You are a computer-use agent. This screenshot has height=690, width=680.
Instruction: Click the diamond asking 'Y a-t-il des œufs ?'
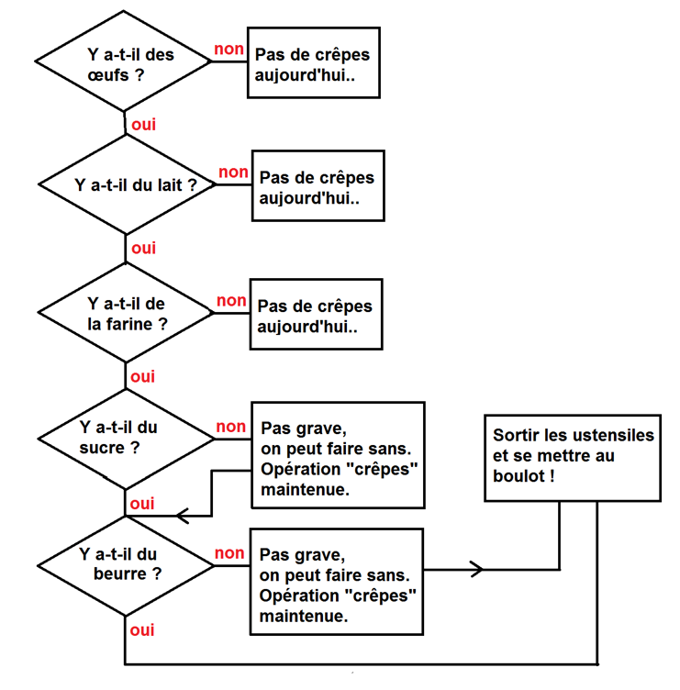(124, 63)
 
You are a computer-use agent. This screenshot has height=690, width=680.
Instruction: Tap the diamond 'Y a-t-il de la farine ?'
(125, 313)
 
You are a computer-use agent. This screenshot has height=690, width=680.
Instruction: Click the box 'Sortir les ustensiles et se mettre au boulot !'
(573, 455)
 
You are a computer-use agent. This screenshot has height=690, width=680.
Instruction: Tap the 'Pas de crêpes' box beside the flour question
(316, 316)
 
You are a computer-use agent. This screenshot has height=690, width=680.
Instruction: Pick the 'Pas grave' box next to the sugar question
(338, 455)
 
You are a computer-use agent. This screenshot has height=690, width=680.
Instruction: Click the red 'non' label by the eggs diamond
(228, 48)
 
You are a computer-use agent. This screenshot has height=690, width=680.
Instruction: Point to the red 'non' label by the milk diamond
(233, 172)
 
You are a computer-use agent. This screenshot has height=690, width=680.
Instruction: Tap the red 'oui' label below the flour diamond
(143, 376)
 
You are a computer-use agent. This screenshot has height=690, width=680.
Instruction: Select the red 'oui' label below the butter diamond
(142, 630)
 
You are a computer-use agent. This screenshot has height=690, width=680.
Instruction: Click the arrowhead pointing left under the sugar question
(181, 516)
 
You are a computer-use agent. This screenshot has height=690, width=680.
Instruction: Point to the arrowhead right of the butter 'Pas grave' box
(476, 570)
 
